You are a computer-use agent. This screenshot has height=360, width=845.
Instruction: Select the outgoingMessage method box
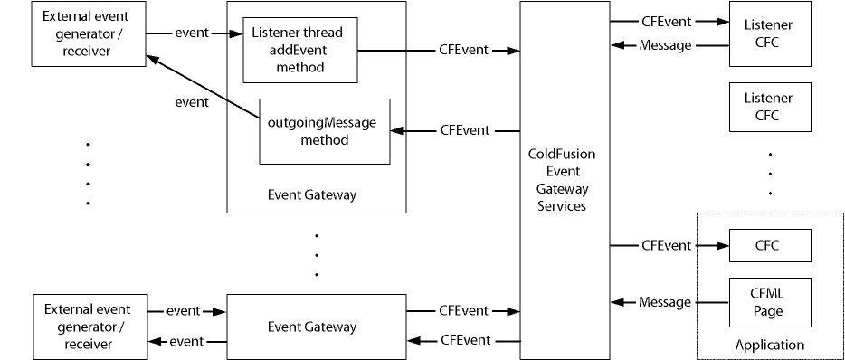click(325, 131)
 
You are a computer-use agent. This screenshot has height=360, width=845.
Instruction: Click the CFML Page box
click(770, 303)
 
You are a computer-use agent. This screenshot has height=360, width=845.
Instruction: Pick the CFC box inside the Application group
click(770, 245)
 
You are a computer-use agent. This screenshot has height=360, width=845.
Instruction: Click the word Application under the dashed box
click(769, 345)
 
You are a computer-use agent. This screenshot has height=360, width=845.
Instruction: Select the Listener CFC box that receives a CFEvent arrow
click(770, 34)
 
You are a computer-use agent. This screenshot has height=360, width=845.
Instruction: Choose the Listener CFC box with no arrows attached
click(770, 106)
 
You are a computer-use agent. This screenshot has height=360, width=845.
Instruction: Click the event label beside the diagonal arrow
click(191, 102)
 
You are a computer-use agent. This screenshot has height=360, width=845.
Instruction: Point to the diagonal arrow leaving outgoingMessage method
click(204, 85)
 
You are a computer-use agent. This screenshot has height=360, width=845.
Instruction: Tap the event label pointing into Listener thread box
click(191, 33)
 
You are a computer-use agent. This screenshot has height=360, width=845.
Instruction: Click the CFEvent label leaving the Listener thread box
click(464, 51)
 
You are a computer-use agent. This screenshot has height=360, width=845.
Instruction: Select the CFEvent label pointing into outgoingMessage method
click(465, 130)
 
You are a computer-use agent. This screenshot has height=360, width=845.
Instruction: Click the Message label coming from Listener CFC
click(665, 45)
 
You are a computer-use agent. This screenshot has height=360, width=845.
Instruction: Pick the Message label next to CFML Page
click(665, 302)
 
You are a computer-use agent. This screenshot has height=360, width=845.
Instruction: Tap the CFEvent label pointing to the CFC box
click(666, 245)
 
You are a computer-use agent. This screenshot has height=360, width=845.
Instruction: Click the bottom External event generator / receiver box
click(88, 327)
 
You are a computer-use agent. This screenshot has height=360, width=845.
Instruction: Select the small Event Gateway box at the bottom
click(316, 327)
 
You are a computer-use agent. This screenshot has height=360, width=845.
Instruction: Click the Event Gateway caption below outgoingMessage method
click(312, 194)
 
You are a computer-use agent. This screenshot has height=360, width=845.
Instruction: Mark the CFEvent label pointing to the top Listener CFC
click(666, 20)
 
